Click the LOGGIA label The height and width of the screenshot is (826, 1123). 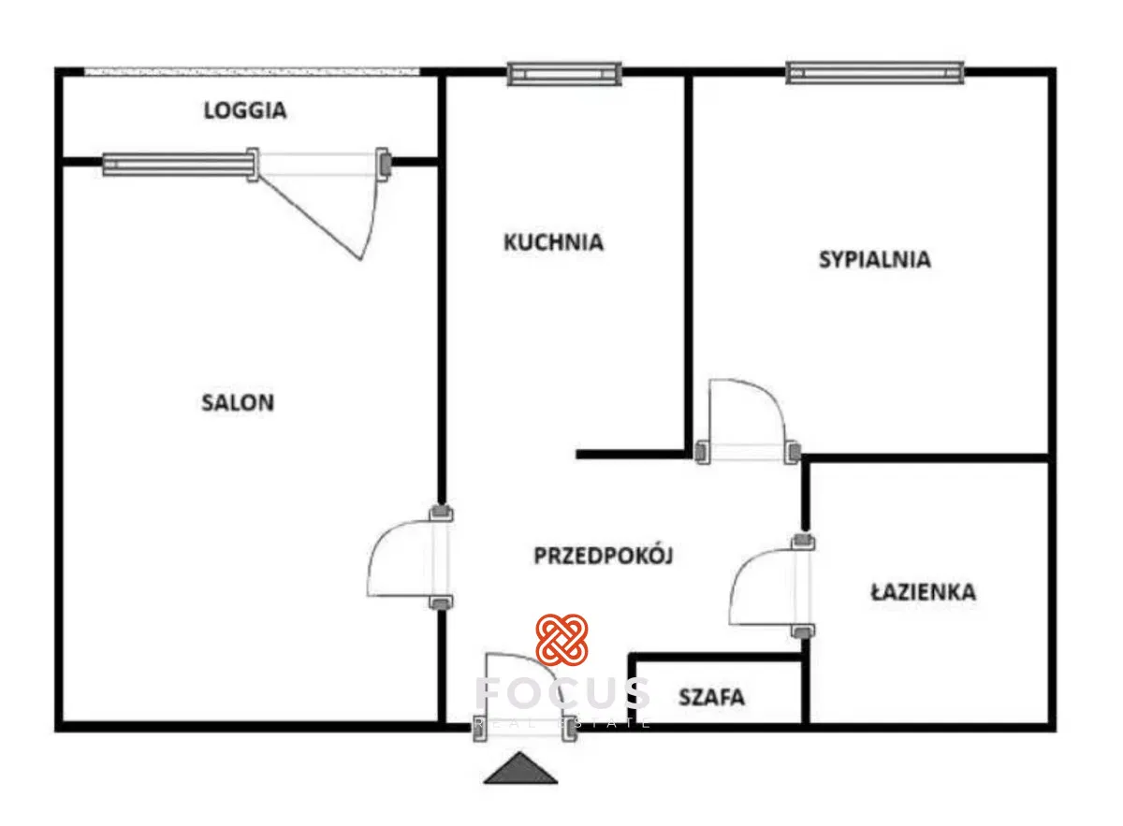point(245,110)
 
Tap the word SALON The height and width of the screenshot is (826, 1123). point(238,403)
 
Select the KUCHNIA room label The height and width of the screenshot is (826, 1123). point(553,242)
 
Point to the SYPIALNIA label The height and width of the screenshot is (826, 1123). point(875,259)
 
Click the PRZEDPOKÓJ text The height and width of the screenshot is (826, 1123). point(604,556)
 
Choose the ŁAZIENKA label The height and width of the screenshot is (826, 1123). point(923,591)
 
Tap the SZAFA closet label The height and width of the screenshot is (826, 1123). point(712,697)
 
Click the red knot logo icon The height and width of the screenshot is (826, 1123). point(561,641)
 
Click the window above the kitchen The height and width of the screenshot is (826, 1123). point(564,73)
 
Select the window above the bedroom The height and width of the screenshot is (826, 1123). point(875,72)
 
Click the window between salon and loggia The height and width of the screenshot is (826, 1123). point(178,165)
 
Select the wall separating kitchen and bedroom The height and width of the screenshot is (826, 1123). point(689,262)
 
